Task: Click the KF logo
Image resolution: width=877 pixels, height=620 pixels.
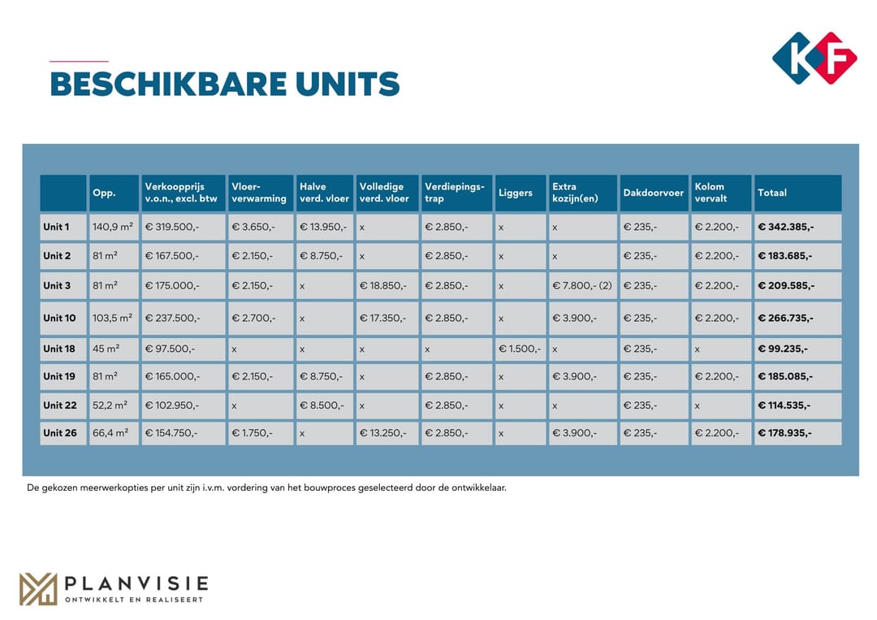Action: pyautogui.click(x=814, y=58)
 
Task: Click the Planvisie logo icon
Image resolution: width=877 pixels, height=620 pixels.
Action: pyautogui.click(x=38, y=589)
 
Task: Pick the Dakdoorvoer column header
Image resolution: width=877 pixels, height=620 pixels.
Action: pyautogui.click(x=653, y=193)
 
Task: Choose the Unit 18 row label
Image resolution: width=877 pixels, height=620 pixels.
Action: pyautogui.click(x=59, y=349)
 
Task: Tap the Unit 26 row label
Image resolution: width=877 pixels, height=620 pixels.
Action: pyautogui.click(x=59, y=433)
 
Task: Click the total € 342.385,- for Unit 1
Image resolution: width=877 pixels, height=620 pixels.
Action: pyautogui.click(x=785, y=228)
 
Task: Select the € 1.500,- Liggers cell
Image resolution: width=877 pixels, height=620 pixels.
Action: pyautogui.click(x=519, y=349)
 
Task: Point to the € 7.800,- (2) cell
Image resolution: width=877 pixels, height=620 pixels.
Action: pyautogui.click(x=582, y=286)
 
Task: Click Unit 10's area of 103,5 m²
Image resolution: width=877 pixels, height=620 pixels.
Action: pyautogui.click(x=112, y=319)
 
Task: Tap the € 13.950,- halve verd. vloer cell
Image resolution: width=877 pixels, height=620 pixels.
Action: pyautogui.click(x=323, y=228)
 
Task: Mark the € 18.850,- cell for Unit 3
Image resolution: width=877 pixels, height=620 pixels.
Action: pyautogui.click(x=383, y=286)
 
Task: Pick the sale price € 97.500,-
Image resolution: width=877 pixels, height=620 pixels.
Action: pyautogui.click(x=170, y=349)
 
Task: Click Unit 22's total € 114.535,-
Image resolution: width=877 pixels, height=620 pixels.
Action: pyautogui.click(x=784, y=405)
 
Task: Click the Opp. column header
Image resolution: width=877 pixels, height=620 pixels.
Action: pyautogui.click(x=104, y=193)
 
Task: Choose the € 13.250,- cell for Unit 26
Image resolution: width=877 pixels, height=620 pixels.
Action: pyautogui.click(x=383, y=433)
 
